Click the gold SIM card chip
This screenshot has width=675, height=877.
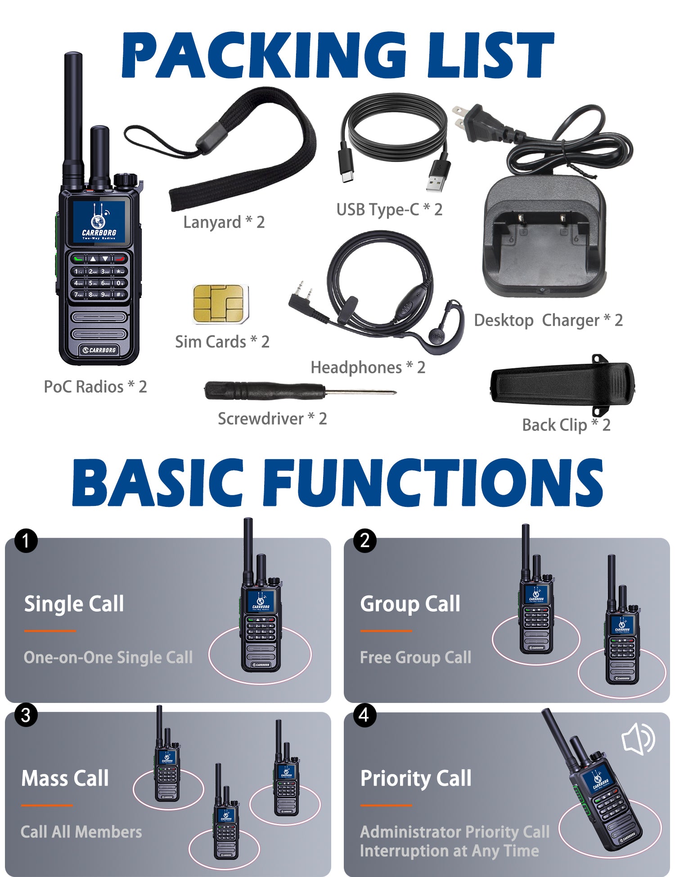(x=220, y=304)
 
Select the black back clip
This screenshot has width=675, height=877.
(x=562, y=385)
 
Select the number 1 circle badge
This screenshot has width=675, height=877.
(x=26, y=541)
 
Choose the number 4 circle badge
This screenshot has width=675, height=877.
(x=364, y=715)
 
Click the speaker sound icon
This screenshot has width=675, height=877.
(x=638, y=738)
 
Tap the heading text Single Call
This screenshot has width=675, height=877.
(x=74, y=604)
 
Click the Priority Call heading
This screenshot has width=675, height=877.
(x=416, y=779)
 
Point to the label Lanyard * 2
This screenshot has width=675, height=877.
(x=224, y=222)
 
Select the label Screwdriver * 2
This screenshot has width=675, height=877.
(x=272, y=419)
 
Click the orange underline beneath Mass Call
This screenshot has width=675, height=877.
(x=47, y=805)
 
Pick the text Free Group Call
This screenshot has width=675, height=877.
(x=416, y=658)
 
